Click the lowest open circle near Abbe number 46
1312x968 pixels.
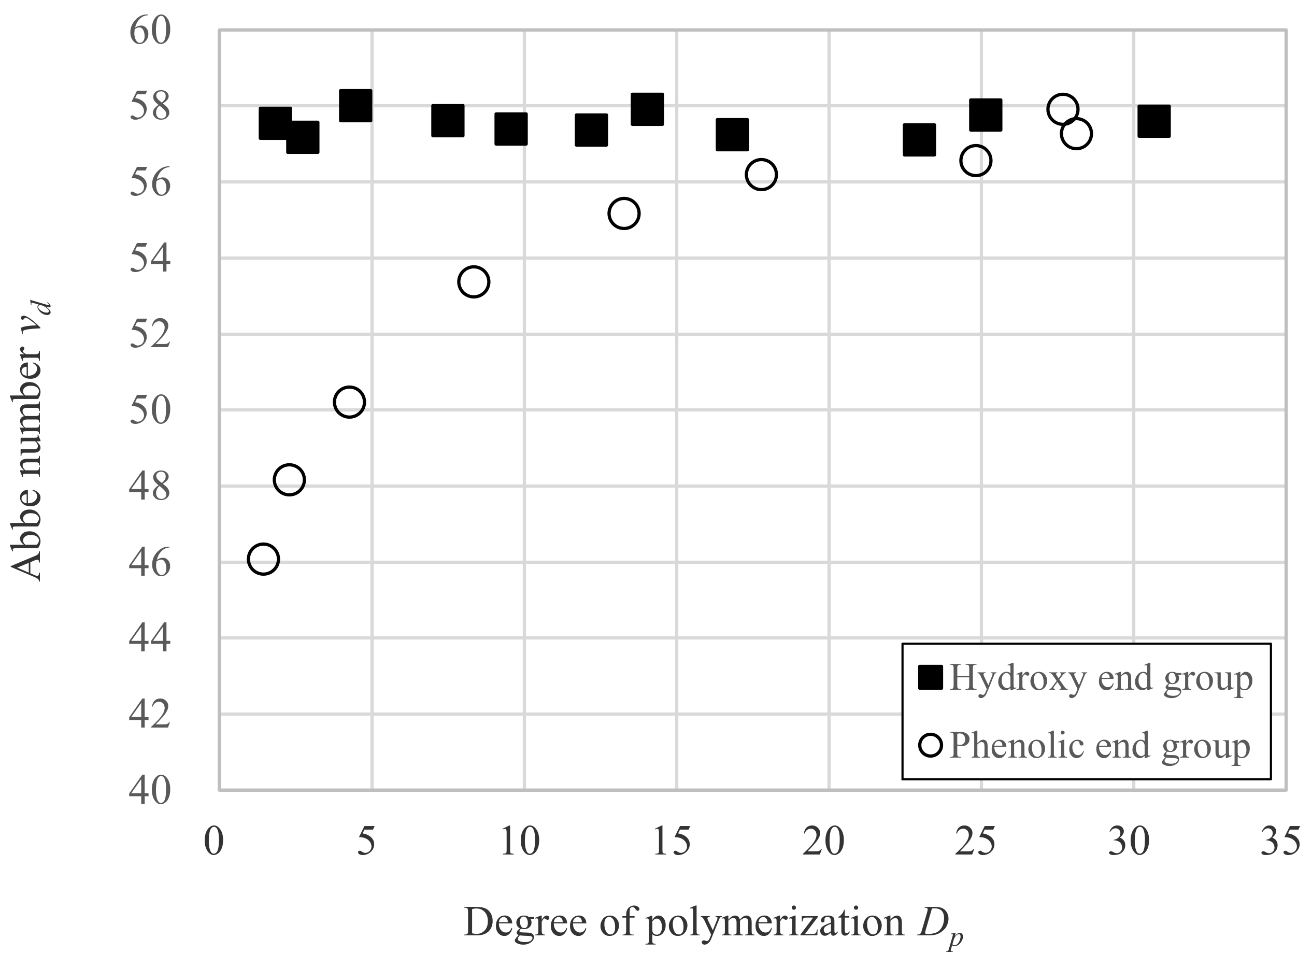click(x=263, y=559)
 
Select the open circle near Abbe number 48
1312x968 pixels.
click(x=289, y=480)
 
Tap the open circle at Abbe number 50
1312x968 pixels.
click(x=349, y=402)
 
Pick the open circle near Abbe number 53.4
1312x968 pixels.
click(x=474, y=282)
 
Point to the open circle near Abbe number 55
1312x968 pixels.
click(x=623, y=213)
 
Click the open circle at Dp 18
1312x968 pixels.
click(x=761, y=175)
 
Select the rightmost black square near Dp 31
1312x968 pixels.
click(x=1154, y=121)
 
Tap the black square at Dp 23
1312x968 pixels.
click(x=919, y=140)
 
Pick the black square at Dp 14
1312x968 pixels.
click(x=648, y=109)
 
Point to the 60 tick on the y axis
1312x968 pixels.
click(x=150, y=31)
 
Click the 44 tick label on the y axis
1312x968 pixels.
click(x=150, y=639)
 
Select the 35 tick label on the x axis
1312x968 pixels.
click(x=1280, y=843)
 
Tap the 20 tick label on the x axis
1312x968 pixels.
click(x=823, y=843)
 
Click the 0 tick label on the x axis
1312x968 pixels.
click(x=214, y=843)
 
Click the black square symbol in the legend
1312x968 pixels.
click(x=930, y=677)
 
